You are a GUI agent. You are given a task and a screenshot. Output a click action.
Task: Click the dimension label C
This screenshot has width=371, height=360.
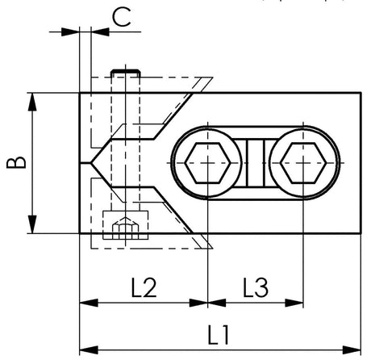point(122,17)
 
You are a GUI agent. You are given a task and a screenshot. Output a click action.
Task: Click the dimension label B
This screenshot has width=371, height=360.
point(16,162)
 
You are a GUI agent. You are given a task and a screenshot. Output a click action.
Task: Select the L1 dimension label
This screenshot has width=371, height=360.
point(219,335)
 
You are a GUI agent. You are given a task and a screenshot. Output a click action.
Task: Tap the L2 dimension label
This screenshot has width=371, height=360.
point(144,287)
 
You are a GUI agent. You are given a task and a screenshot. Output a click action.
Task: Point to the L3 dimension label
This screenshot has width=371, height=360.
point(256,287)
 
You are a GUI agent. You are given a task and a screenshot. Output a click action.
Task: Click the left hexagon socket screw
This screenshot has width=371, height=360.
point(208,163)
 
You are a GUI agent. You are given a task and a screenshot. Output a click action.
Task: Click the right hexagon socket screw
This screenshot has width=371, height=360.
point(303,163)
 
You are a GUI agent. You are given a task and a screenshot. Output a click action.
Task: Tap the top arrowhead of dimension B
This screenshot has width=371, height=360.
point(32,102)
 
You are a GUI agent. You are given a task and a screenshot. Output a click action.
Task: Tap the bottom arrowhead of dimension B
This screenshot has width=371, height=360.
point(32,224)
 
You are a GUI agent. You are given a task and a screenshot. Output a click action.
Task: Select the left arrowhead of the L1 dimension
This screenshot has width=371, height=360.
point(89,350)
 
